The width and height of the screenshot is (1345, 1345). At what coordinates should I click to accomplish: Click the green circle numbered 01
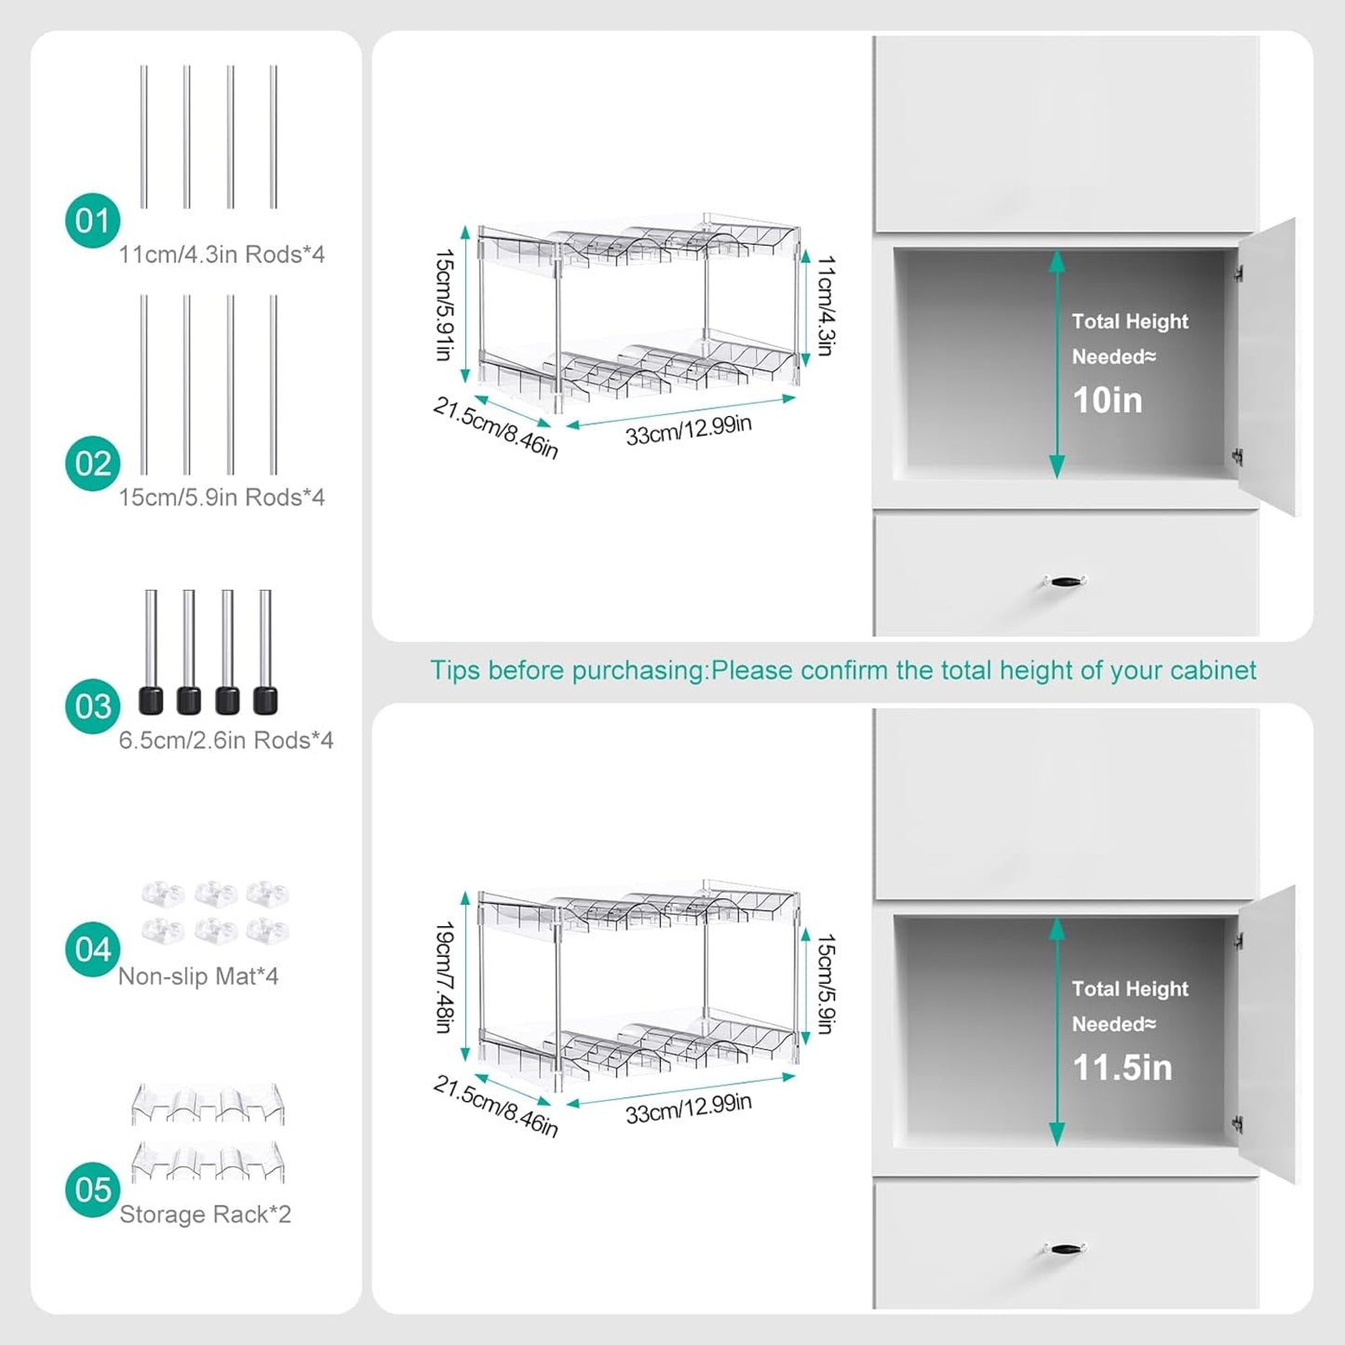tap(92, 221)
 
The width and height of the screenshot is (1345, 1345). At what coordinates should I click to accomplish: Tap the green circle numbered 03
tap(92, 706)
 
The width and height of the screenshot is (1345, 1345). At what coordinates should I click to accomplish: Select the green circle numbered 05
tap(92, 1190)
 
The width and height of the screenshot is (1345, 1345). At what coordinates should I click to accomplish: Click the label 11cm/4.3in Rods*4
tap(222, 255)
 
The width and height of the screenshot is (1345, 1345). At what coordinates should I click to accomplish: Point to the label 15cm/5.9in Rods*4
tap(222, 498)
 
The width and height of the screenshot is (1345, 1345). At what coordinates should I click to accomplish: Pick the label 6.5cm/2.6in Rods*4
tap(226, 741)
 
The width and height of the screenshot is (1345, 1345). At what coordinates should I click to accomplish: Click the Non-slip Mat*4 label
tap(198, 976)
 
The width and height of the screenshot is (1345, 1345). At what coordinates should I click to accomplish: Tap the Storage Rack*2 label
tap(205, 1215)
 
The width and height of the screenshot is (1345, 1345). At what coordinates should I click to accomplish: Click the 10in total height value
tap(1107, 401)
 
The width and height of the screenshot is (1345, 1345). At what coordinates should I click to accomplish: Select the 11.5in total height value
tap(1122, 1069)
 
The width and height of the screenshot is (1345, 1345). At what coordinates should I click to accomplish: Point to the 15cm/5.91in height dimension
tap(444, 304)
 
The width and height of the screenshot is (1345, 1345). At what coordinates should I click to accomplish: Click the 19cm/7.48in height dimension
tap(444, 977)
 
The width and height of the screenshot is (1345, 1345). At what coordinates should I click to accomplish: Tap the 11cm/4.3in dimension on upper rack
tap(825, 306)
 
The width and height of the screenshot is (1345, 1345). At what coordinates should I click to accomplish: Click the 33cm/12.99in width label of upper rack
tap(688, 431)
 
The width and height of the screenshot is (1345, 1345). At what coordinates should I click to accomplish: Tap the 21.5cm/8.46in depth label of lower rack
tap(495, 1107)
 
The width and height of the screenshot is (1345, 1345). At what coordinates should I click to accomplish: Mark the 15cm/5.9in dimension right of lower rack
tap(825, 985)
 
